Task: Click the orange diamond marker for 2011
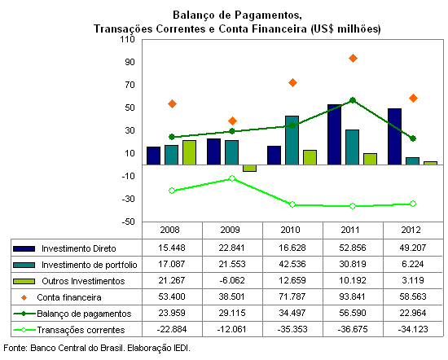(x=353, y=59)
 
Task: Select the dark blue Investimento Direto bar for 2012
(x=394, y=137)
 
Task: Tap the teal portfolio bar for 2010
(x=292, y=140)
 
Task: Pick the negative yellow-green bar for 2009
(x=249, y=169)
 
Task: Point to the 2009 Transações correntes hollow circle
(x=232, y=178)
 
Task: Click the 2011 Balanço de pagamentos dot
(x=353, y=100)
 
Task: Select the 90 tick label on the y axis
(x=130, y=62)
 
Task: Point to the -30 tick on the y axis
(x=128, y=199)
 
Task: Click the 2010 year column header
(x=290, y=230)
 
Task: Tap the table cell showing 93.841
(x=352, y=296)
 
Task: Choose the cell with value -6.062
(x=232, y=280)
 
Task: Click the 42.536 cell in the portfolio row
(x=292, y=264)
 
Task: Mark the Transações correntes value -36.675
(x=353, y=329)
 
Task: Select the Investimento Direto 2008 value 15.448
(x=172, y=248)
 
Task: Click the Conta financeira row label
(x=69, y=297)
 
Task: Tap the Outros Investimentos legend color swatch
(x=24, y=282)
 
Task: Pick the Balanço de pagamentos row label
(x=84, y=314)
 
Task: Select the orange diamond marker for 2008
(x=172, y=103)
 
